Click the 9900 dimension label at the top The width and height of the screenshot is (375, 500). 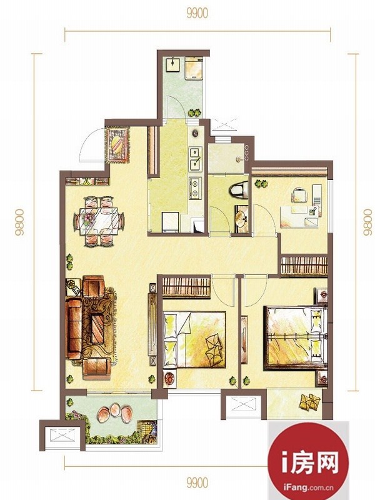(197, 13)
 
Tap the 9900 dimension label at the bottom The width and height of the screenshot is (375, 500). (197, 482)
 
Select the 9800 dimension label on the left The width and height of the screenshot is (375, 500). (20, 222)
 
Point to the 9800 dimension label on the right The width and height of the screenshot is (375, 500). (367, 222)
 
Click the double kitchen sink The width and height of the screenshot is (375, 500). (196, 159)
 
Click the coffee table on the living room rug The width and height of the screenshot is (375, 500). (97, 329)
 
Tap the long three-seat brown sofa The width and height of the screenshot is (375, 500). (74, 329)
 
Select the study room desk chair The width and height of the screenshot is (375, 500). (299, 195)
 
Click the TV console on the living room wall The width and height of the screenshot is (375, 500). (152, 324)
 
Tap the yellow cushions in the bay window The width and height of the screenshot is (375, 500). (309, 401)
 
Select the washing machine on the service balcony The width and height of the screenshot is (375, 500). (194, 68)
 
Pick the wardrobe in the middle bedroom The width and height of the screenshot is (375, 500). (186, 286)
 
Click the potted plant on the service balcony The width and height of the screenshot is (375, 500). (194, 112)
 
